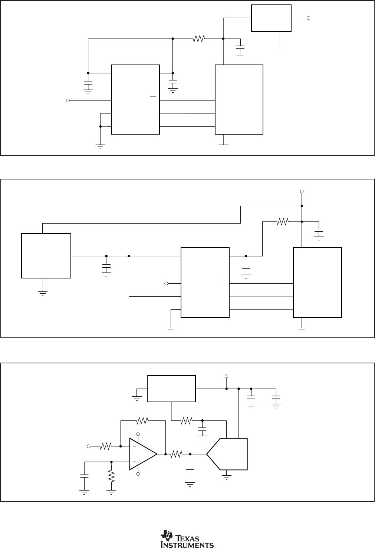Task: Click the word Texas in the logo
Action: coord(190,538)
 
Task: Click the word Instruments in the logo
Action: coord(187,545)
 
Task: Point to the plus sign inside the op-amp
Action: coord(134,462)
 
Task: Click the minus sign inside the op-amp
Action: coord(134,446)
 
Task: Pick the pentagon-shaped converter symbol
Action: coord(227,454)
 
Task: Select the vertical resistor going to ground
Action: coord(111,476)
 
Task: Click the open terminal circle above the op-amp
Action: coord(138,434)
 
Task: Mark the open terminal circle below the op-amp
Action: coord(138,474)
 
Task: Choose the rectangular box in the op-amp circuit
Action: coord(171,389)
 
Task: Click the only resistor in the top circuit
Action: coord(199,39)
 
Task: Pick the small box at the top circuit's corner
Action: coord(271,18)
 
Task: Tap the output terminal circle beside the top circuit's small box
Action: coord(309,18)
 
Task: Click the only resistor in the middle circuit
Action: coord(283,222)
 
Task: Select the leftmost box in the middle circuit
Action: coord(46,255)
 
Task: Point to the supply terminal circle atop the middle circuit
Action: coord(302,191)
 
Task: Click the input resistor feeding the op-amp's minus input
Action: coord(105,446)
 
